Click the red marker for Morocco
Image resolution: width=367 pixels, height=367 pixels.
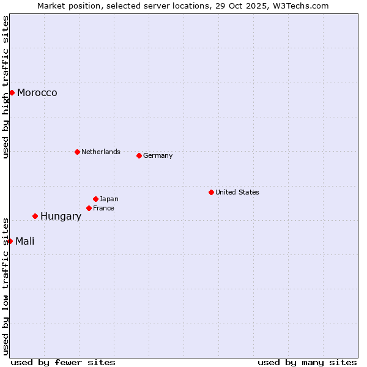coord(12,92)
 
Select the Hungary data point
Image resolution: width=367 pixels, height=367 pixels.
coord(35,216)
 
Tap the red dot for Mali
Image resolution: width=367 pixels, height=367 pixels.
coord(10,241)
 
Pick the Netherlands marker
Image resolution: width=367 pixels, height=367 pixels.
coord(77,152)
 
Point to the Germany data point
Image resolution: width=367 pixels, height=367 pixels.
coord(139,155)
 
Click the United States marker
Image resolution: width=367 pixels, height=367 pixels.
coord(211,192)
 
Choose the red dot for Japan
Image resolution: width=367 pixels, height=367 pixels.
coord(95,199)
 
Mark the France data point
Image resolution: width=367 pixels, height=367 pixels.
coord(89,208)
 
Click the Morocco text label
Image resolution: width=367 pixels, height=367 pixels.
coord(37,93)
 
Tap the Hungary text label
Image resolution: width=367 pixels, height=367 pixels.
coord(61,217)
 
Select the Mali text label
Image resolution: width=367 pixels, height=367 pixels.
coord(25,242)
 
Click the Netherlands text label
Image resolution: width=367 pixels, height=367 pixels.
coord(101,152)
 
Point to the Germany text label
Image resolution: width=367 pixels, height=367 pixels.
coord(158,155)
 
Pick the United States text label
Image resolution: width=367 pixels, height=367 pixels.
coord(237,192)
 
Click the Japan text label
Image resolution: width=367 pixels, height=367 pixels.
coord(109,199)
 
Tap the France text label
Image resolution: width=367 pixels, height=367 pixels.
coord(103,208)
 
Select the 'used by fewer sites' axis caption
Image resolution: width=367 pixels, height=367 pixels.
coord(63,362)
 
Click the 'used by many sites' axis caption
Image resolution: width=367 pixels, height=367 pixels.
coord(307,362)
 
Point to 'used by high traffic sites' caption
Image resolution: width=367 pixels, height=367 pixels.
coord(6,87)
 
